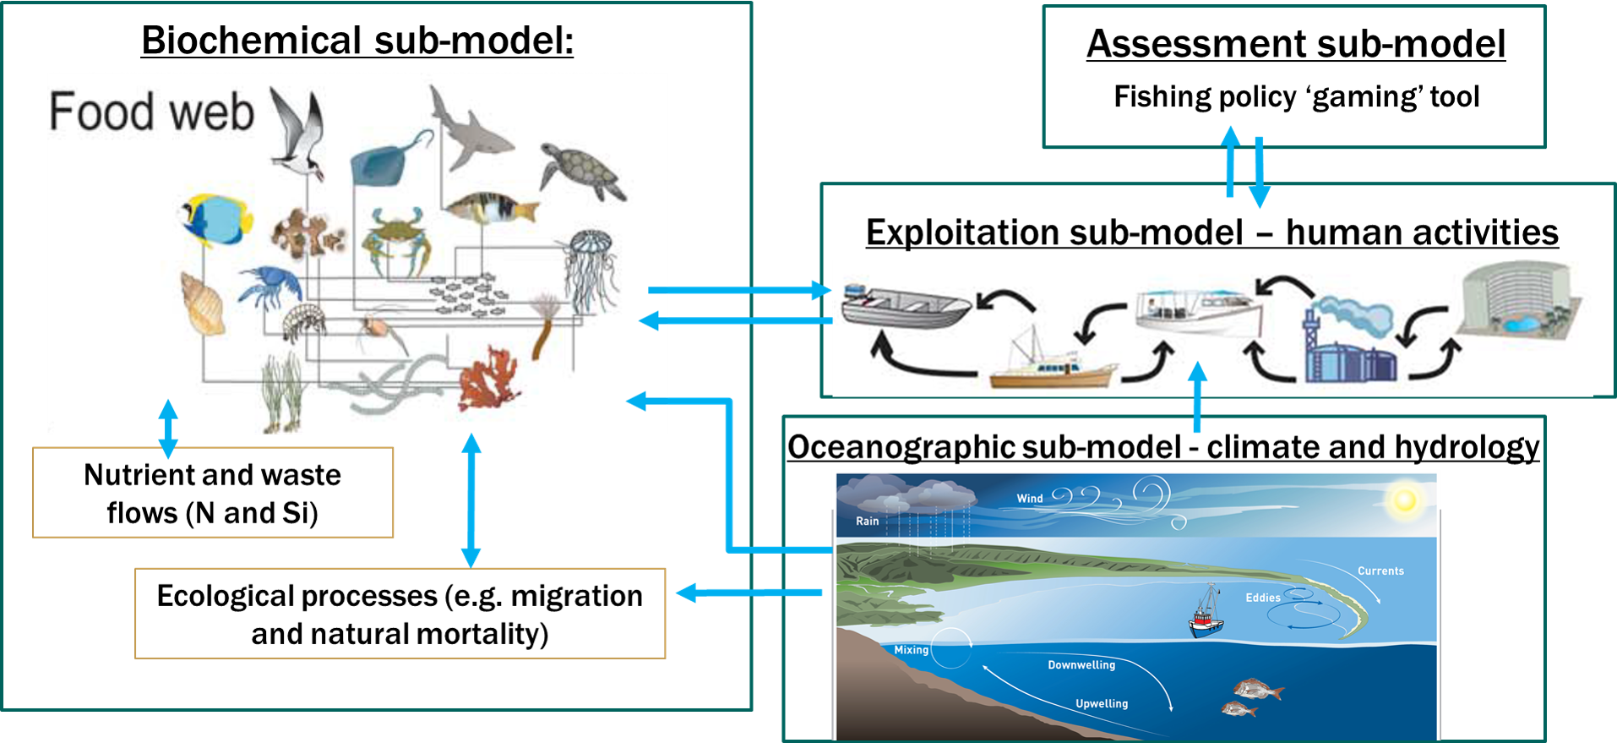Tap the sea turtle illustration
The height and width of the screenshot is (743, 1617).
point(583,170)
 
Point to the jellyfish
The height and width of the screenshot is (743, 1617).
point(591,266)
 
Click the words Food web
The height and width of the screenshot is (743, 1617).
point(151,112)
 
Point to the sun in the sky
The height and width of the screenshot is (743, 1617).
point(1404,500)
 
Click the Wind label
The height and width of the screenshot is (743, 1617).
point(1030,499)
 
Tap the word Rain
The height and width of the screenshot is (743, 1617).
point(868,521)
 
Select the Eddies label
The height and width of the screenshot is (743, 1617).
point(1263,598)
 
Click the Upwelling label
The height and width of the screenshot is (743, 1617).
point(1102,703)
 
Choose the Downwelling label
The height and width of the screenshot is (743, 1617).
point(1081,665)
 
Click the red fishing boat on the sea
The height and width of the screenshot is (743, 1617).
point(1207,615)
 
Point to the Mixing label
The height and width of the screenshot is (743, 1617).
point(912,650)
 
